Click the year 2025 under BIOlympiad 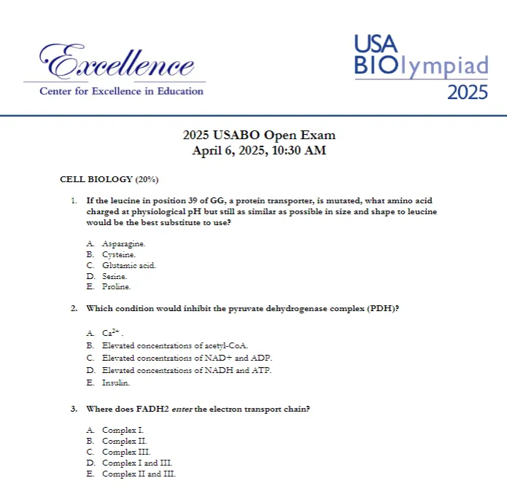tap(467, 93)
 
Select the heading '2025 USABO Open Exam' tap(259, 136)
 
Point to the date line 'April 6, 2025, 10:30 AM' tap(259, 151)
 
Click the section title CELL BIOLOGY tap(96, 179)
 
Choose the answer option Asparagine tap(123, 243)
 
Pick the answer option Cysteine tap(119, 254)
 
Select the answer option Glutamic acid tap(129, 265)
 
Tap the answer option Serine tap(115, 276)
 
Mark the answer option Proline tap(117, 287)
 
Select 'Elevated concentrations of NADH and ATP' tap(187, 370)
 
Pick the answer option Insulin tap(116, 383)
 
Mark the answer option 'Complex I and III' tap(137, 463)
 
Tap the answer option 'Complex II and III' tap(139, 474)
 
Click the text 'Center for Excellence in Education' tap(121, 91)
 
